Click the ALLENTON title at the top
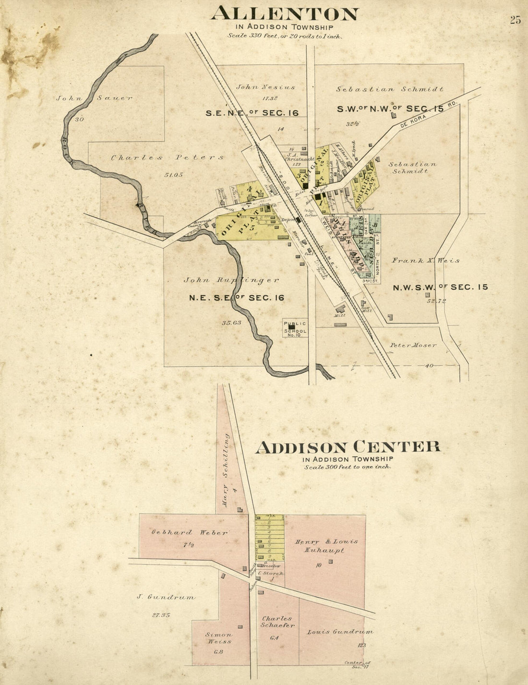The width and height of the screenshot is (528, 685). [285, 13]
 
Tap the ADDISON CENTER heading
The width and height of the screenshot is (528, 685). [348, 447]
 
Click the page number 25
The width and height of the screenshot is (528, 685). [515, 20]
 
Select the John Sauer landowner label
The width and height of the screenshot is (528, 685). [94, 98]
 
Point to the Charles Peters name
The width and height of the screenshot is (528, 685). [168, 157]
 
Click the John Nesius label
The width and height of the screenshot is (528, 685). [265, 87]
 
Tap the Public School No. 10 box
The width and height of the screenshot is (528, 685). [295, 328]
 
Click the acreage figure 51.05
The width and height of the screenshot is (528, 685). [174, 175]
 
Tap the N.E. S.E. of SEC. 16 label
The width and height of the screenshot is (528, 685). [236, 298]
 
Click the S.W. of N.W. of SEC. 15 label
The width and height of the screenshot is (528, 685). [390, 109]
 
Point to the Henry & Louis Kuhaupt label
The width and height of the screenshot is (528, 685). [326, 546]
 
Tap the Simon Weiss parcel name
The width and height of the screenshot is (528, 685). [220, 638]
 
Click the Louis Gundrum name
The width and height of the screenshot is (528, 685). [340, 632]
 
